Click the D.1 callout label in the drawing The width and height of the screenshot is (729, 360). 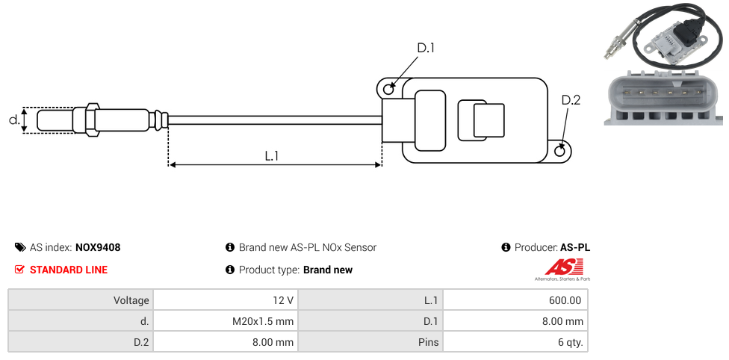click(426, 48)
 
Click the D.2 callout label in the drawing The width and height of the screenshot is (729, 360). click(570, 101)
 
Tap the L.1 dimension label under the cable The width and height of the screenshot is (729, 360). click(271, 156)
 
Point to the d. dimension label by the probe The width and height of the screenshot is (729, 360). click(13, 120)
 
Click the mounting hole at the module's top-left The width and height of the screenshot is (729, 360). click(388, 90)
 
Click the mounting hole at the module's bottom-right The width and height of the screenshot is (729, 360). click(561, 152)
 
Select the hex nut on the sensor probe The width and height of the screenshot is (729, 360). click(93, 120)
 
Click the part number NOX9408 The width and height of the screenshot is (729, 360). click(98, 247)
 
